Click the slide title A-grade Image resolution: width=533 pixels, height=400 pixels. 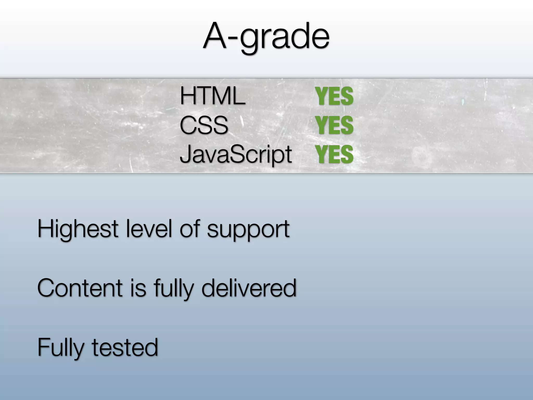(x=266, y=36)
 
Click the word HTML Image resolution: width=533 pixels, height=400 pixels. (x=212, y=96)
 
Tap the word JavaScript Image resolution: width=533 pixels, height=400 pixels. (x=236, y=154)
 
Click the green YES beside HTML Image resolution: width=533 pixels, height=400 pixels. (x=334, y=96)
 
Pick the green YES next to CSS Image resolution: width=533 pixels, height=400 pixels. (x=334, y=125)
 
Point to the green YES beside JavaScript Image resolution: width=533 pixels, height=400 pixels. (x=334, y=154)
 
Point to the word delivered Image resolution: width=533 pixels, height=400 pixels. (x=249, y=288)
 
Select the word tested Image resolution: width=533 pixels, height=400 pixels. (x=125, y=347)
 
